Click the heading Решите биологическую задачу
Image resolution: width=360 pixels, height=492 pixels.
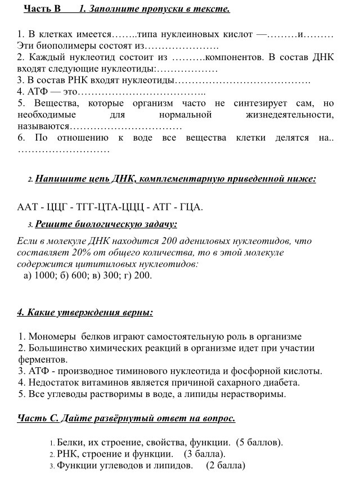point(106,224)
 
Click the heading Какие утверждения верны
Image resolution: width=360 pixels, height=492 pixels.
point(85,312)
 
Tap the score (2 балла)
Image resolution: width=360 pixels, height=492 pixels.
point(226,465)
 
